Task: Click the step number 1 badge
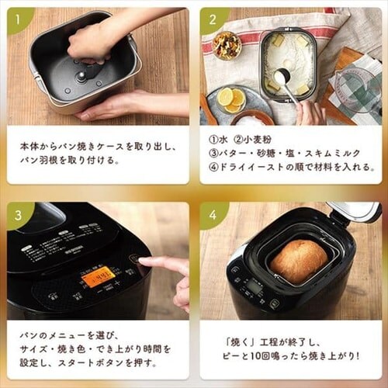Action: [18, 19]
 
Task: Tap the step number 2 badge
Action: [213, 19]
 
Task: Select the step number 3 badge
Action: [18, 215]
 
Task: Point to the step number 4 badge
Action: [213, 215]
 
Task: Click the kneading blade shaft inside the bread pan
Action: [81, 77]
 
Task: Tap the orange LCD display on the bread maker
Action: [95, 277]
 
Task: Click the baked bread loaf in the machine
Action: [300, 262]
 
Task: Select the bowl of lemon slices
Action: [232, 99]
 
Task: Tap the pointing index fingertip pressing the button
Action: [143, 262]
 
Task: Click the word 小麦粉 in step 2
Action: [258, 140]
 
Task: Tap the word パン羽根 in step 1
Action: [39, 161]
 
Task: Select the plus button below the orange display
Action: [117, 282]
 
